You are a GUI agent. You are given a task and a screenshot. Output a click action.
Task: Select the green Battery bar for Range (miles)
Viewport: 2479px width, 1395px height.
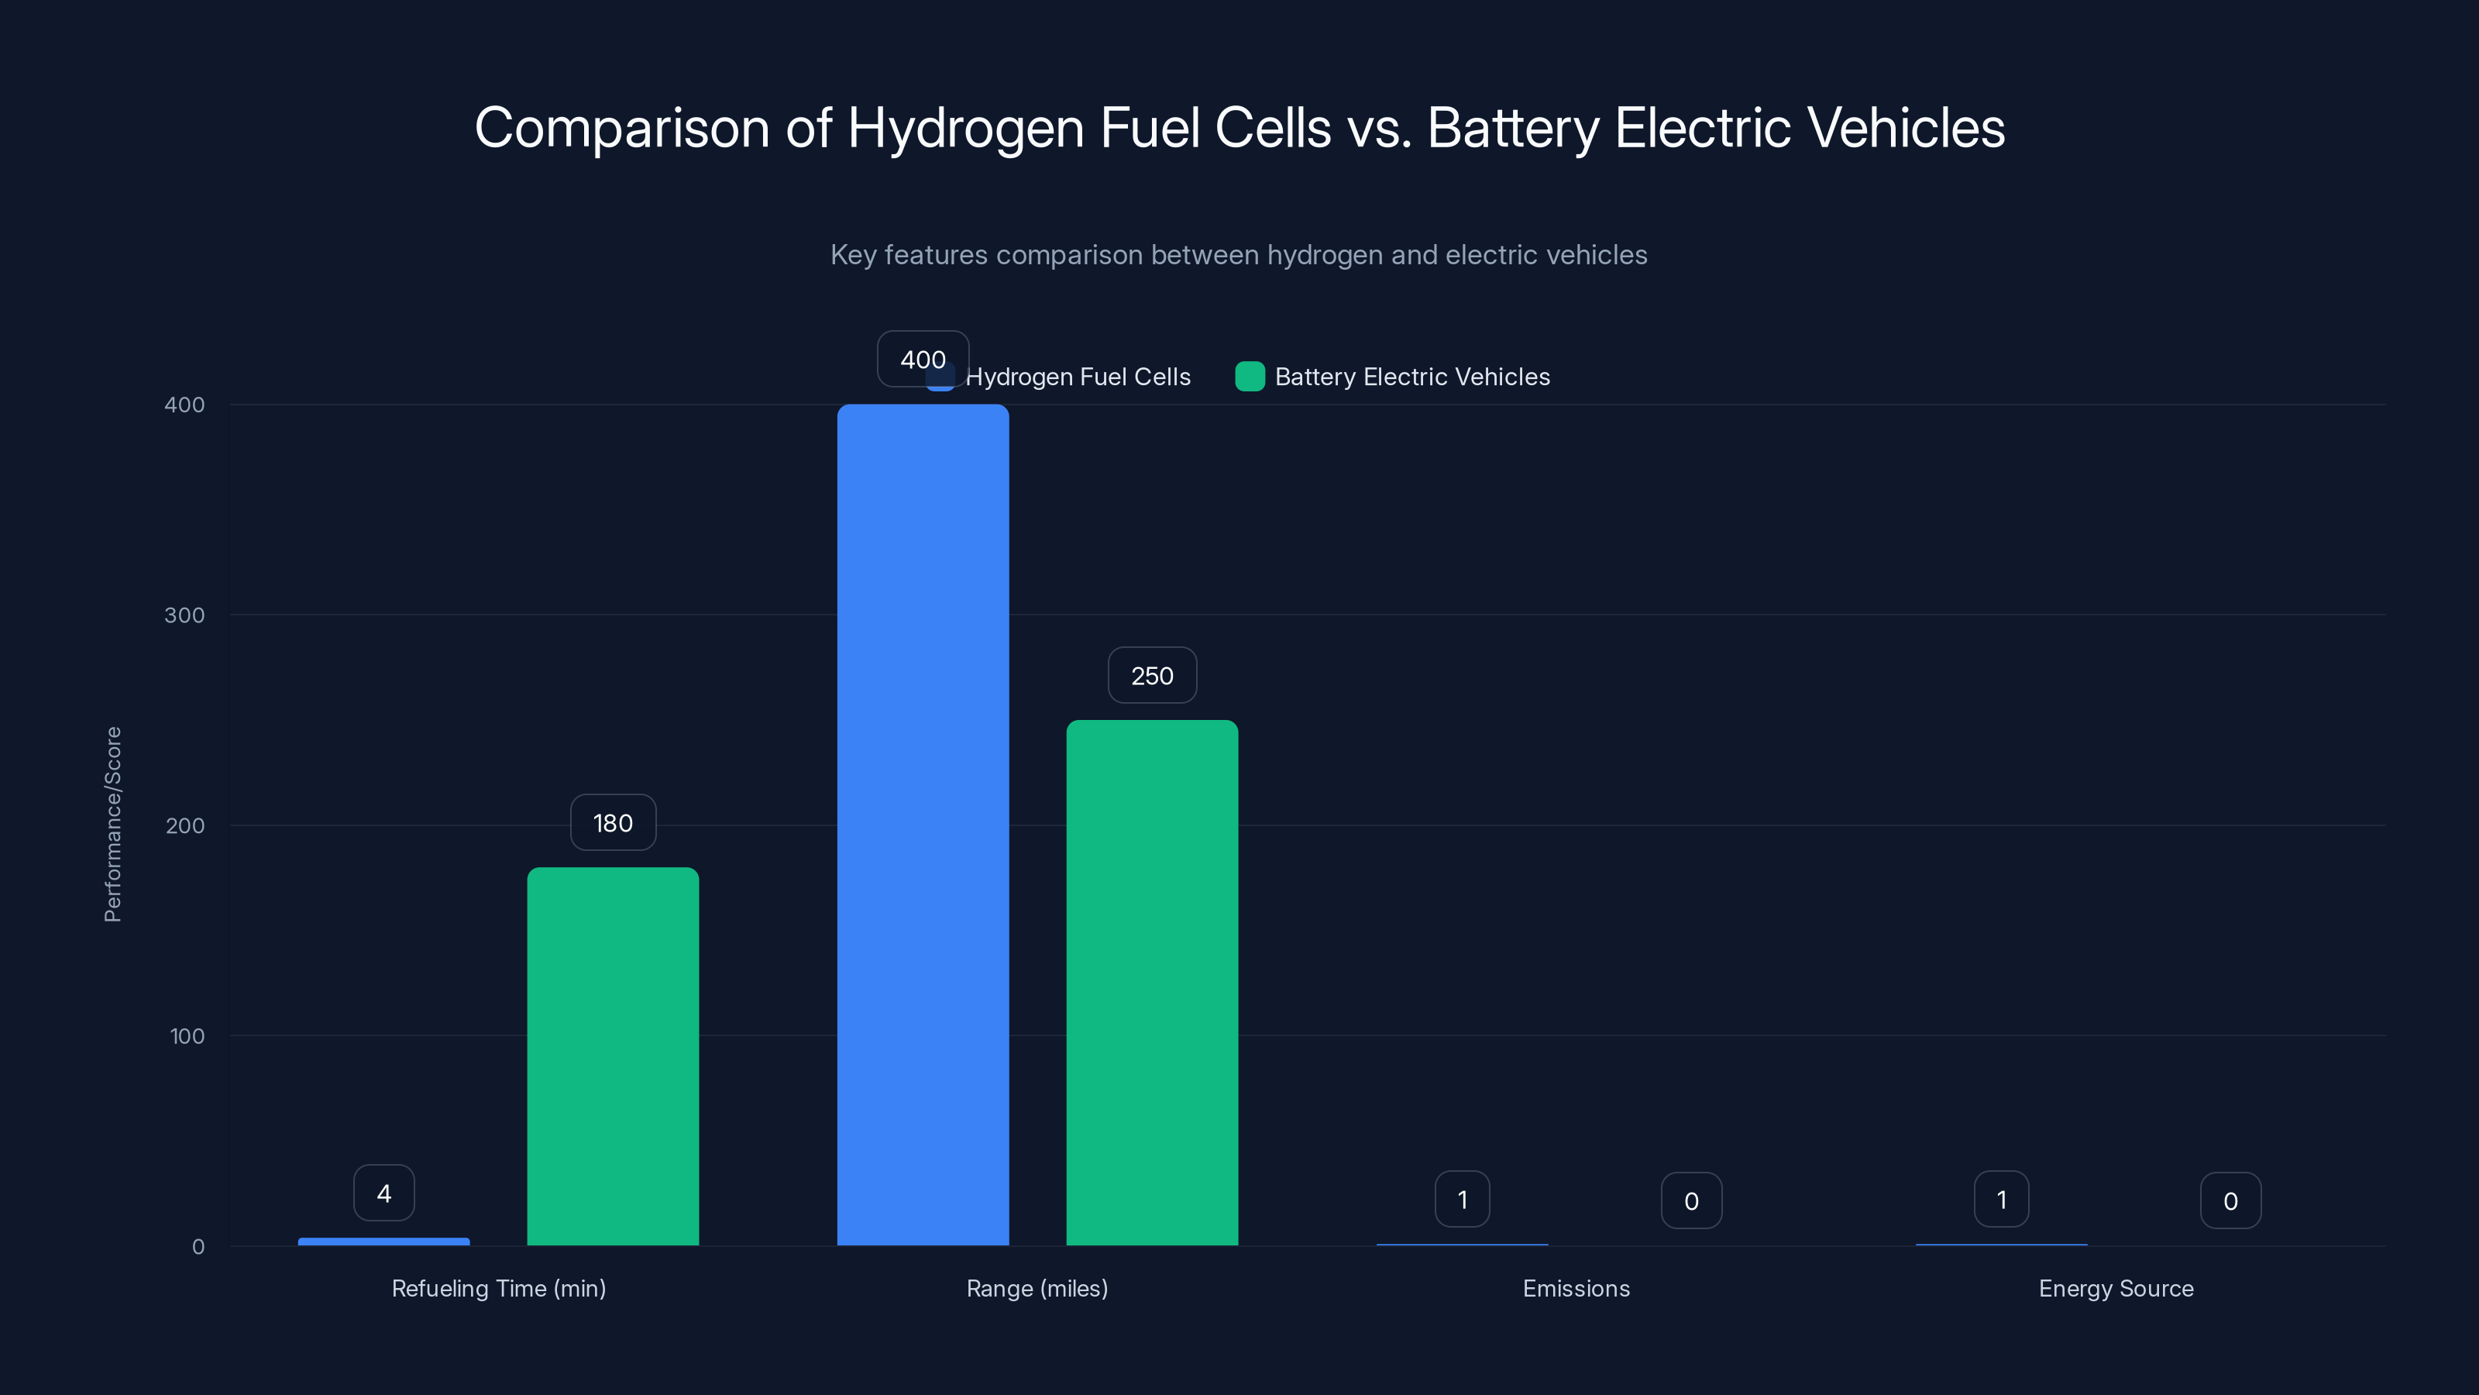pos(1152,982)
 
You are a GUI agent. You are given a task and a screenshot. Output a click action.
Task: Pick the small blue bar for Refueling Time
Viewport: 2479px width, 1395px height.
pos(384,1242)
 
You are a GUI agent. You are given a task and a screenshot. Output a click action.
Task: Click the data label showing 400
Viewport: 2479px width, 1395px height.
pos(923,359)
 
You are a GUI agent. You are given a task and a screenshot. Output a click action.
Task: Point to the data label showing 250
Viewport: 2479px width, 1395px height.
pos(1152,676)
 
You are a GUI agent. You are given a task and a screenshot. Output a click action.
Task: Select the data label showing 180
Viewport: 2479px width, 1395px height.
pos(613,823)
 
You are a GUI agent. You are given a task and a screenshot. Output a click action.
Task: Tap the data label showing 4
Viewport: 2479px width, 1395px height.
pos(384,1193)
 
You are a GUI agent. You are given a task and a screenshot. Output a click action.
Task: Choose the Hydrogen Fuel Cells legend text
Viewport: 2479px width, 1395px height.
pos(1078,377)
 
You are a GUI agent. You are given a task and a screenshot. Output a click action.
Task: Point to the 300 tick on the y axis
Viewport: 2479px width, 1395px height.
pos(185,615)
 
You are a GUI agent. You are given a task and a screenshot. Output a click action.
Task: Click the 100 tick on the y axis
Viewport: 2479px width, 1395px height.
pos(187,1036)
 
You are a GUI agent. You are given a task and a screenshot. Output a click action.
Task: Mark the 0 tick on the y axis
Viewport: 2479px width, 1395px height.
pos(198,1247)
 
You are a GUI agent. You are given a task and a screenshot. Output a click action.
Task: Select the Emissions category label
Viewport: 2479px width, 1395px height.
pos(1576,1288)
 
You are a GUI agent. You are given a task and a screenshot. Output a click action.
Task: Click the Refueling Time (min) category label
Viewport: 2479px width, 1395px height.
pos(498,1288)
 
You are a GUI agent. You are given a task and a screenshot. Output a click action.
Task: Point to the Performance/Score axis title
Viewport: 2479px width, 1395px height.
pos(112,824)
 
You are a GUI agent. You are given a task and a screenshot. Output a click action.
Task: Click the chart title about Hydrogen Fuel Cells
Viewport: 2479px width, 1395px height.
pos(1239,127)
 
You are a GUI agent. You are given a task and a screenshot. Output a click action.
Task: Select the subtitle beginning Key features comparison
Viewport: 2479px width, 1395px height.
pos(1239,254)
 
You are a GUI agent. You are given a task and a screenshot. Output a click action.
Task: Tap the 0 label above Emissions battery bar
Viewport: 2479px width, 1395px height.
pos(1691,1200)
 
